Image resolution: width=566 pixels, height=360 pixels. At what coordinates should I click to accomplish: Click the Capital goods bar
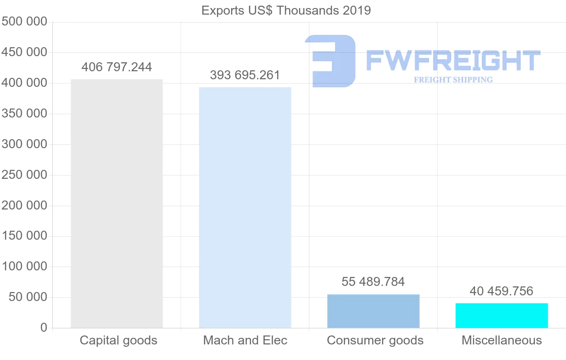(117, 203)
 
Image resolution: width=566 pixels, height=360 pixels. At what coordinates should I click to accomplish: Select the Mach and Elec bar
(245, 208)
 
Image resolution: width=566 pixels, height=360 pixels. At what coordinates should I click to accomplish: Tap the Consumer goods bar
(373, 311)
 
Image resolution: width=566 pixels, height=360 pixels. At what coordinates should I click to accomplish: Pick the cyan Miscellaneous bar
(501, 315)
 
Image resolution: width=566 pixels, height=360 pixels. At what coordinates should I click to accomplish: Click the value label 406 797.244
(117, 67)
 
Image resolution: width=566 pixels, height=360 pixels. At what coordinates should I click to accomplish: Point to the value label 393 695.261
(245, 75)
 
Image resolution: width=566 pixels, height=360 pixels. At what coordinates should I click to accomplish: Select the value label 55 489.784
(373, 282)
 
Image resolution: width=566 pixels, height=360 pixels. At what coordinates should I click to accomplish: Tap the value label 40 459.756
(501, 291)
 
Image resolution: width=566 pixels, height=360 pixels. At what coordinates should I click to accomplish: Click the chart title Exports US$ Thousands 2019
(286, 10)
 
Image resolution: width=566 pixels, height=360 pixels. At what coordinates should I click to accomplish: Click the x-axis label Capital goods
(118, 340)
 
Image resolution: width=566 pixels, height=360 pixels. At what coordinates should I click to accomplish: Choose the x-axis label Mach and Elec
(245, 340)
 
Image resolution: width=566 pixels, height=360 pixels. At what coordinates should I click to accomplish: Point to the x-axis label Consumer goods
(375, 340)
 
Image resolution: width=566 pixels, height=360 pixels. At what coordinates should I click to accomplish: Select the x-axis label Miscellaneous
(501, 340)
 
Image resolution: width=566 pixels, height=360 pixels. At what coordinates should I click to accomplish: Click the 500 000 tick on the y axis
(25, 22)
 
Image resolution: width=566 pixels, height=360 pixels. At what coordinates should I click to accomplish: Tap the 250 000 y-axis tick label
(25, 175)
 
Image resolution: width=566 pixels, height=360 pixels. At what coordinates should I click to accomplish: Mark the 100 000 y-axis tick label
(25, 267)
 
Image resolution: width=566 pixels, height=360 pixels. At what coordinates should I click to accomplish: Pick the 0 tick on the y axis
(44, 328)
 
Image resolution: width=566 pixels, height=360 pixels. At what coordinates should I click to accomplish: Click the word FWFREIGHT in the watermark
(453, 61)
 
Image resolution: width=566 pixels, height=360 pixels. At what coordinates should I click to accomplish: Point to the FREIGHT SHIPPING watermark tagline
(453, 80)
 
